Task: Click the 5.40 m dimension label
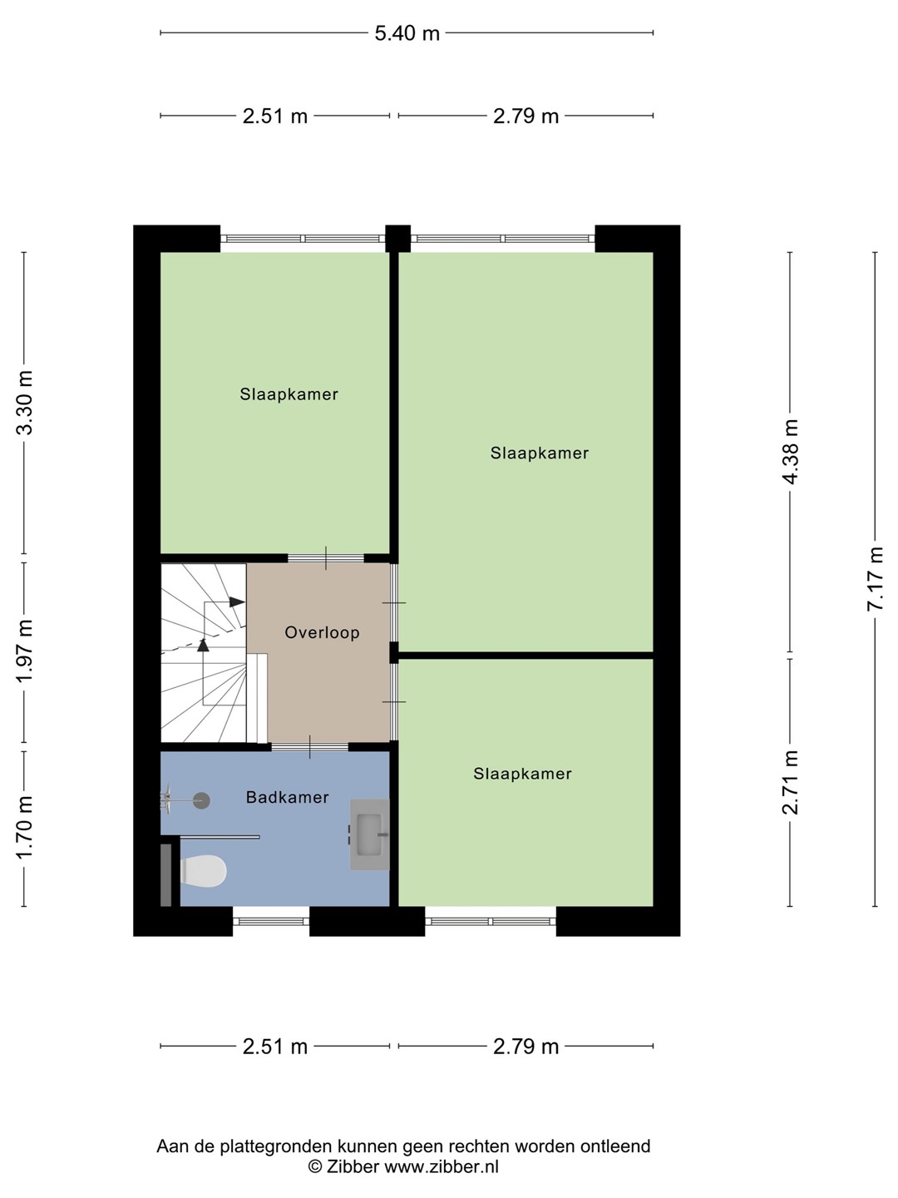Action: click(407, 34)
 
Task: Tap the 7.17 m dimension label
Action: click(875, 578)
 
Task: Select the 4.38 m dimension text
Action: click(790, 452)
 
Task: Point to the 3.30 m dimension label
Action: click(25, 402)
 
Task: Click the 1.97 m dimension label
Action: click(25, 651)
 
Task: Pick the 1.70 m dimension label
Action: click(25, 827)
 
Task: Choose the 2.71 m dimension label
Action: click(790, 782)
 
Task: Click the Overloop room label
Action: click(323, 632)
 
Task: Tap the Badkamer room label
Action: click(288, 797)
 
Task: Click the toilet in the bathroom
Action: click(203, 870)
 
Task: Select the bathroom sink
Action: click(370, 834)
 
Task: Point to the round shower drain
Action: click(202, 800)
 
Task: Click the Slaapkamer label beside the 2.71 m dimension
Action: click(522, 774)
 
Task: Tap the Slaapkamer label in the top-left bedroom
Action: click(289, 394)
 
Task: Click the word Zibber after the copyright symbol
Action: click(353, 1166)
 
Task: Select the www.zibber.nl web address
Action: click(442, 1166)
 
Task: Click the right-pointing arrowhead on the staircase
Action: click(237, 601)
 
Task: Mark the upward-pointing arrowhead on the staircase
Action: click(203, 645)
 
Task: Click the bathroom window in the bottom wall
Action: click(271, 921)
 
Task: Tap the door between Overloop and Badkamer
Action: click(309, 746)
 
